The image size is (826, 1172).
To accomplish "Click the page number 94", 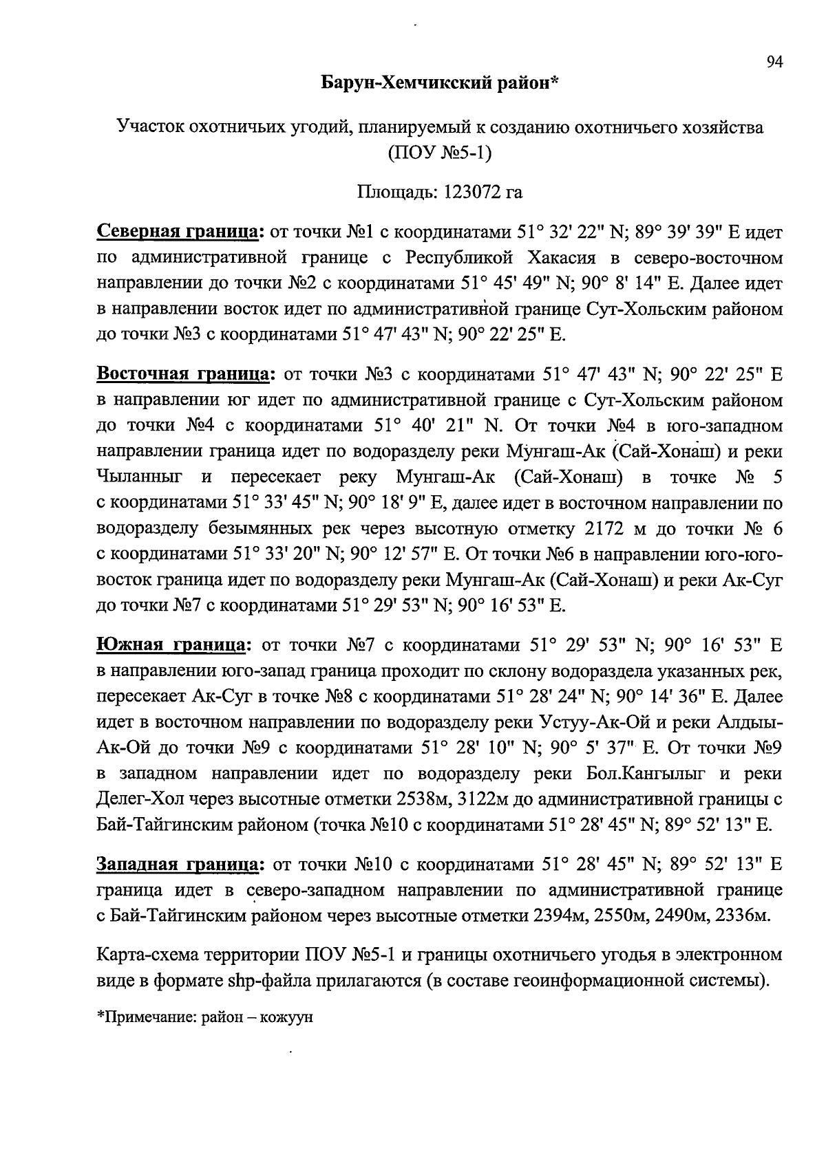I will click(775, 63).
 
